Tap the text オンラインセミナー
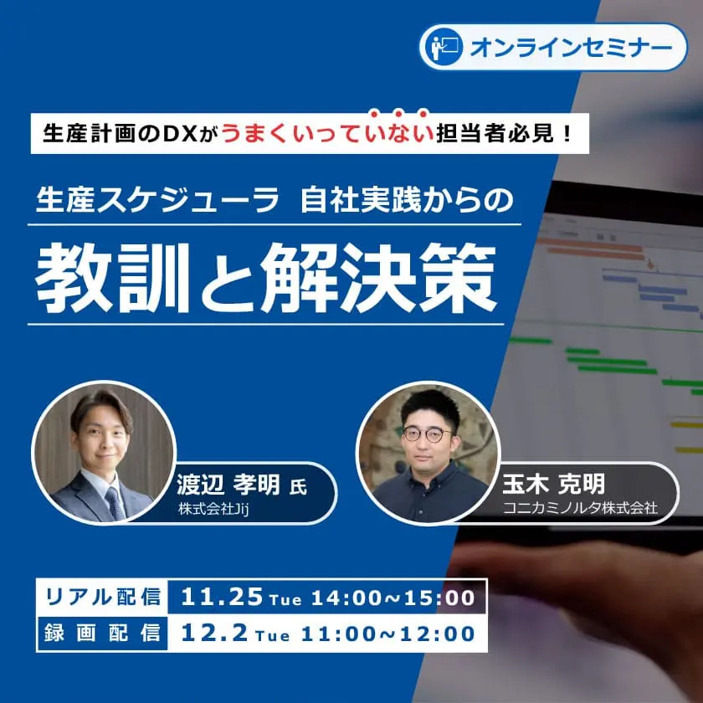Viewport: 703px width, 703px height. click(571, 48)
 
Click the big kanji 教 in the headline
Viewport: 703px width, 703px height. click(74, 278)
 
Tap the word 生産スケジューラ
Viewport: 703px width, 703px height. click(157, 200)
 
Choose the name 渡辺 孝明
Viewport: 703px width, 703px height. click(228, 485)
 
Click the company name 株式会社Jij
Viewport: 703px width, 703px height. click(213, 509)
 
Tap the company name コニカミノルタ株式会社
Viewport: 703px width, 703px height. click(580, 508)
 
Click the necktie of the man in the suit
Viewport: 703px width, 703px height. click(115, 504)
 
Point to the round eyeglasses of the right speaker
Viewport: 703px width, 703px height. click(427, 434)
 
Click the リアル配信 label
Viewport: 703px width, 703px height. click(103, 597)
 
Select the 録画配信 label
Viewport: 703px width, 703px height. click(103, 633)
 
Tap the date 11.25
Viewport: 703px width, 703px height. click(222, 597)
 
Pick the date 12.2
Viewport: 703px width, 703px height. click(214, 634)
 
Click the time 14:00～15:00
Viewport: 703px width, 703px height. click(393, 598)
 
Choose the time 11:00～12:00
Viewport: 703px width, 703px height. click(387, 634)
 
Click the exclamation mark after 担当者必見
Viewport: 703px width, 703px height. click(567, 134)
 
